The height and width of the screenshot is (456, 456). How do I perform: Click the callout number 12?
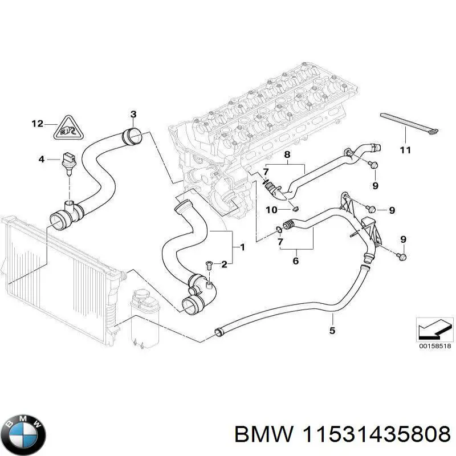click(37, 124)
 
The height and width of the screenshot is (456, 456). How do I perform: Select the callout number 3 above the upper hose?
click(133, 114)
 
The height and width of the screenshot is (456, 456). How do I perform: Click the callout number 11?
click(405, 151)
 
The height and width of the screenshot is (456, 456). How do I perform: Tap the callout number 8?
click(287, 154)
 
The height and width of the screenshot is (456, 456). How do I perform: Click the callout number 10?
click(271, 210)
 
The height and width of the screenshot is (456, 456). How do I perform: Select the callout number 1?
click(242, 247)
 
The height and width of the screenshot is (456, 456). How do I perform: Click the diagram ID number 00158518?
click(434, 346)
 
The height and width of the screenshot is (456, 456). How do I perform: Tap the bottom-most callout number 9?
click(404, 238)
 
